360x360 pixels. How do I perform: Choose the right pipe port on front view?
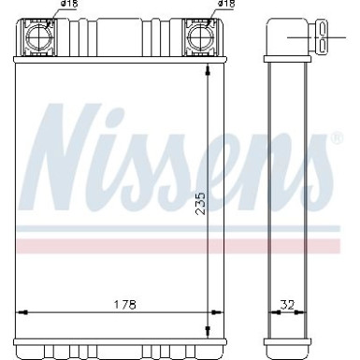pos(199,37)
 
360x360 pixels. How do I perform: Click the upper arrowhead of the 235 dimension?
pos(208,74)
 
